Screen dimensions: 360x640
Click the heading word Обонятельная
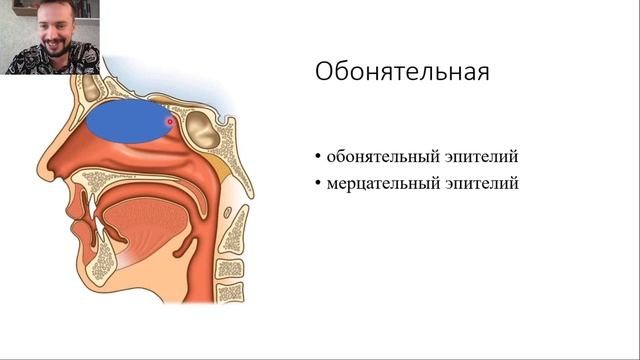tap(402, 73)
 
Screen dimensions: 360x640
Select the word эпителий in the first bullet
tap(484, 158)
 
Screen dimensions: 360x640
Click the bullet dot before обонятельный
tap(317, 158)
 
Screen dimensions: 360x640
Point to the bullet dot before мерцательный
tap(317, 184)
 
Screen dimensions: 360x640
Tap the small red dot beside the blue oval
tap(171, 121)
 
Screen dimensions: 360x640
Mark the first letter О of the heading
tap(324, 73)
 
